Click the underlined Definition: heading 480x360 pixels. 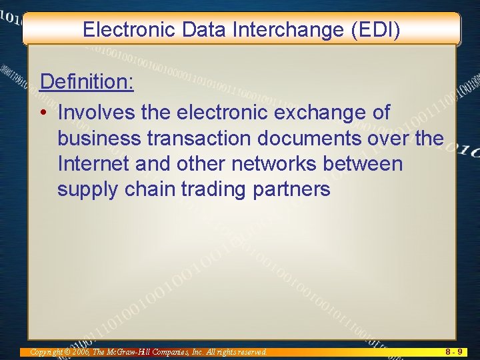click(x=87, y=82)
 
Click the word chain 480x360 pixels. click(x=150, y=189)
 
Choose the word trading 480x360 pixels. click(x=214, y=190)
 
